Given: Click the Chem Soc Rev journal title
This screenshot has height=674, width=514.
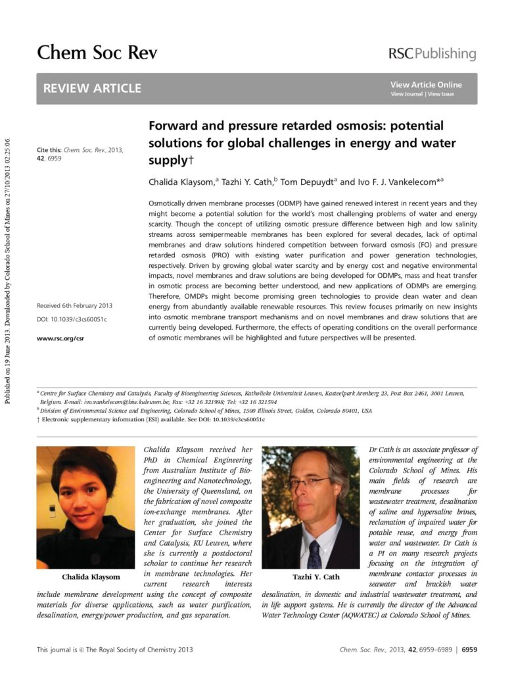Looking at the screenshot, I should (x=97, y=53).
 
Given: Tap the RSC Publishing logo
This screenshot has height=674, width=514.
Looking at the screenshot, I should (x=432, y=54).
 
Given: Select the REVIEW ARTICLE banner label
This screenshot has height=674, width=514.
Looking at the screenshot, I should (x=92, y=88).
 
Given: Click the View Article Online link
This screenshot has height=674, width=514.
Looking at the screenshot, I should (x=426, y=84).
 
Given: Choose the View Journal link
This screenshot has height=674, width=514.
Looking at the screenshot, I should (x=407, y=94).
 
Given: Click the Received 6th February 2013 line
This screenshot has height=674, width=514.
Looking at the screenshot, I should (x=74, y=305).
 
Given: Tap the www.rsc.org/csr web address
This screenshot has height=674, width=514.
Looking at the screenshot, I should (x=60, y=338).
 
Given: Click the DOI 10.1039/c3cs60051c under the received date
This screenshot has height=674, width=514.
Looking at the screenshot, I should (x=72, y=319).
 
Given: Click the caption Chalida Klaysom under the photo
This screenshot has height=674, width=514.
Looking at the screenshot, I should (x=91, y=577).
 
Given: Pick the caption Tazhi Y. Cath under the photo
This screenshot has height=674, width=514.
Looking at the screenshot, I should (x=316, y=577).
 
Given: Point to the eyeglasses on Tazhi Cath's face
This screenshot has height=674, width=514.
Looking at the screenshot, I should (x=308, y=481).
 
